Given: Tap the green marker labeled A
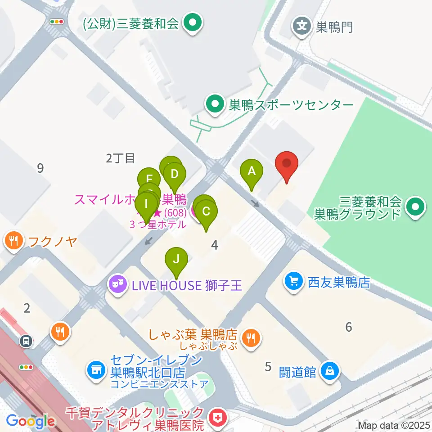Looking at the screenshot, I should (x=252, y=171).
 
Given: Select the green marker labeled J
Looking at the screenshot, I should (x=176, y=259).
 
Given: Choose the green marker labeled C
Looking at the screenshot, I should (x=206, y=211).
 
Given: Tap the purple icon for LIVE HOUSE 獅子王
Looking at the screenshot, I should (x=117, y=284).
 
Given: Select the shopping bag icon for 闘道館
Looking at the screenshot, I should (x=330, y=371).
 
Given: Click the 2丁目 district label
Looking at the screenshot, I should (x=121, y=158).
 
